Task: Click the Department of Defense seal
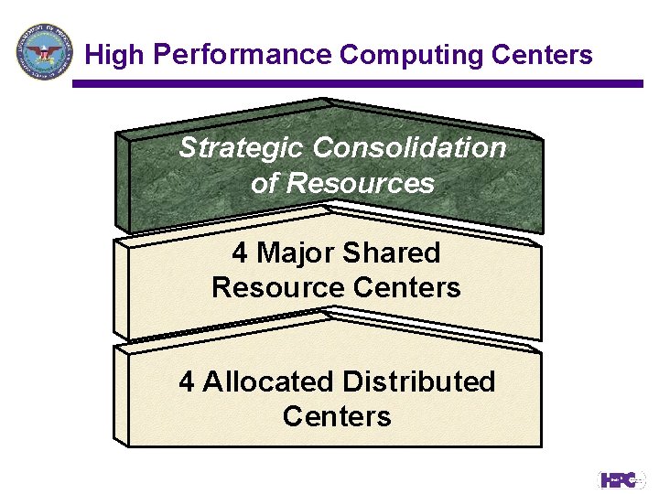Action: click(x=44, y=51)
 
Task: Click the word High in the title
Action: click(x=114, y=56)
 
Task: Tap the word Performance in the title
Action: click(x=242, y=56)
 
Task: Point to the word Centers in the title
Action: click(x=542, y=56)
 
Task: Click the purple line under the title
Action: click(x=357, y=83)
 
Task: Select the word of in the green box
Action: click(x=264, y=183)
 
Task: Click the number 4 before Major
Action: click(x=240, y=252)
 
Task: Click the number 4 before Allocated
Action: click(x=187, y=381)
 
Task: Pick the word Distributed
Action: click(x=418, y=381)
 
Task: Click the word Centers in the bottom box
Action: click(x=337, y=416)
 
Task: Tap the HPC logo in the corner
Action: click(x=621, y=479)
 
